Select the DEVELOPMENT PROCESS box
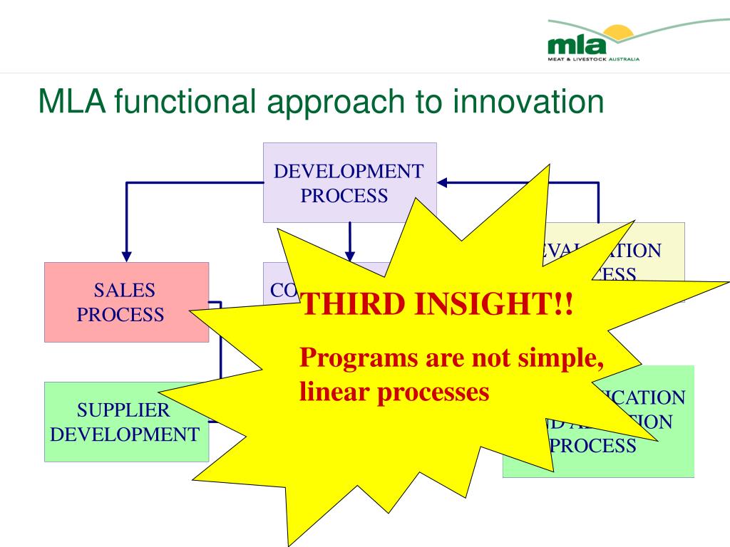(x=349, y=182)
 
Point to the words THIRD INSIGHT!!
(x=436, y=306)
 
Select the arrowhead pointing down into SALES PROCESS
(x=127, y=254)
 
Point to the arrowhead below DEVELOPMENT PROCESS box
(x=349, y=254)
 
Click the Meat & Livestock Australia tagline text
(x=593, y=58)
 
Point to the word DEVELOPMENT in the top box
(x=349, y=172)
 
